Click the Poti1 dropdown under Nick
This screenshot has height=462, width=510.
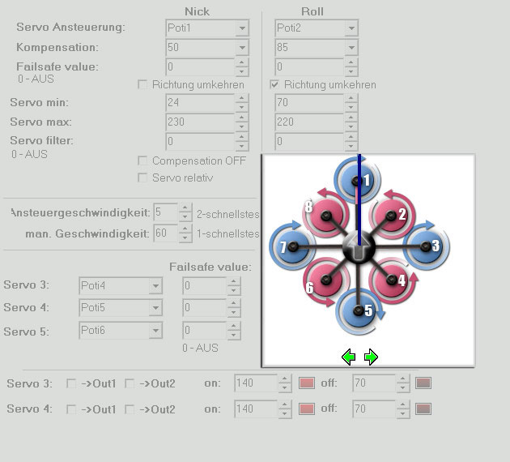pos(206,28)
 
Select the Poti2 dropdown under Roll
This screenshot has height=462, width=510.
pos(315,28)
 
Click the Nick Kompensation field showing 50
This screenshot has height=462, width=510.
pos(200,47)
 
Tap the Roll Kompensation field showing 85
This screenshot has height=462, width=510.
pos(308,47)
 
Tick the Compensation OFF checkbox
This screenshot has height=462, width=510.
pos(143,160)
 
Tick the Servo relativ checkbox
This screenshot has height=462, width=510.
pos(143,178)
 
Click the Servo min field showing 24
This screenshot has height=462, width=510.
pos(200,103)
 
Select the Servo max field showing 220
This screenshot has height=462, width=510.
pos(308,122)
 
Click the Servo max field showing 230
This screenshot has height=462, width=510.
pos(200,122)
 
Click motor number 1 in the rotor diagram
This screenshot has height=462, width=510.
pos(359,180)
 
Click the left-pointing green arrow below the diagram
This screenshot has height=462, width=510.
pos(348,356)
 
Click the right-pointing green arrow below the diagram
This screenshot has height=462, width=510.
pos(371,356)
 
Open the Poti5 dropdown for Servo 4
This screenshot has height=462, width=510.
pos(120,308)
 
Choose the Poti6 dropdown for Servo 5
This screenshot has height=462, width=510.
pos(120,330)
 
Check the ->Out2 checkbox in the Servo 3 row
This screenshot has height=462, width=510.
pos(130,383)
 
